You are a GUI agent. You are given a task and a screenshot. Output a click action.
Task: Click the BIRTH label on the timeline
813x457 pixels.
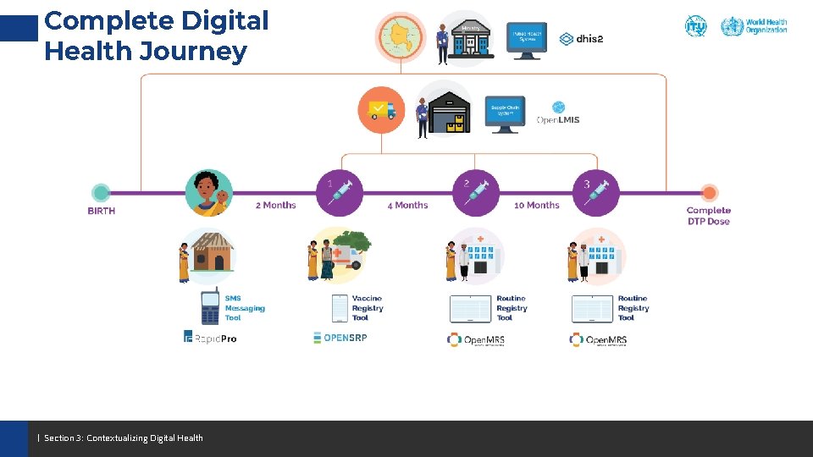click(x=101, y=211)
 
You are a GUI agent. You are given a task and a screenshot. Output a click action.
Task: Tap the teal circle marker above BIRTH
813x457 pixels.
click(x=101, y=192)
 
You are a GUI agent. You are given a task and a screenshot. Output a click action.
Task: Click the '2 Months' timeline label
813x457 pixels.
click(x=276, y=205)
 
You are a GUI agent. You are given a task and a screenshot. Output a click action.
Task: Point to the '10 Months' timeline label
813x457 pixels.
click(x=537, y=205)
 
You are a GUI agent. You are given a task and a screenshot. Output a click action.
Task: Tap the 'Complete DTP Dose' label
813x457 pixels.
click(x=709, y=216)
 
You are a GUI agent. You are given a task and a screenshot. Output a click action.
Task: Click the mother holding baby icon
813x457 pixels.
click(x=208, y=193)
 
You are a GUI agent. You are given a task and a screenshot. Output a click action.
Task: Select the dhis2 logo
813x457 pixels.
click(x=581, y=39)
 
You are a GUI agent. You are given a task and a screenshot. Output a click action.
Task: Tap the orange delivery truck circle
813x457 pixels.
click(x=381, y=110)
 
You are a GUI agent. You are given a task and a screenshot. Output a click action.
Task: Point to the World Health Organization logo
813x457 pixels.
click(x=754, y=26)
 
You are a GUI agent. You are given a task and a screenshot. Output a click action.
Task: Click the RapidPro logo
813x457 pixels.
click(x=210, y=338)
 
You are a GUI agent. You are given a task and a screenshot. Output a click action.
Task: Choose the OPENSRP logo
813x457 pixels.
click(x=340, y=337)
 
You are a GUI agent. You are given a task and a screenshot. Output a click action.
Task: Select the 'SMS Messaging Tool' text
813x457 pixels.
click(x=245, y=308)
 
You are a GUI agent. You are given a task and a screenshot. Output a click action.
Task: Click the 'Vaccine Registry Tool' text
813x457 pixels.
click(x=367, y=308)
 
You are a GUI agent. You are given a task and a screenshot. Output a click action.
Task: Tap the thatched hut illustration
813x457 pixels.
click(x=212, y=251)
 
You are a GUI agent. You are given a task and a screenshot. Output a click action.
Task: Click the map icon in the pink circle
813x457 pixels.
click(x=400, y=36)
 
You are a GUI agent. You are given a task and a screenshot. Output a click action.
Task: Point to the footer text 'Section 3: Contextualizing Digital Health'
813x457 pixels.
click(x=124, y=438)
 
